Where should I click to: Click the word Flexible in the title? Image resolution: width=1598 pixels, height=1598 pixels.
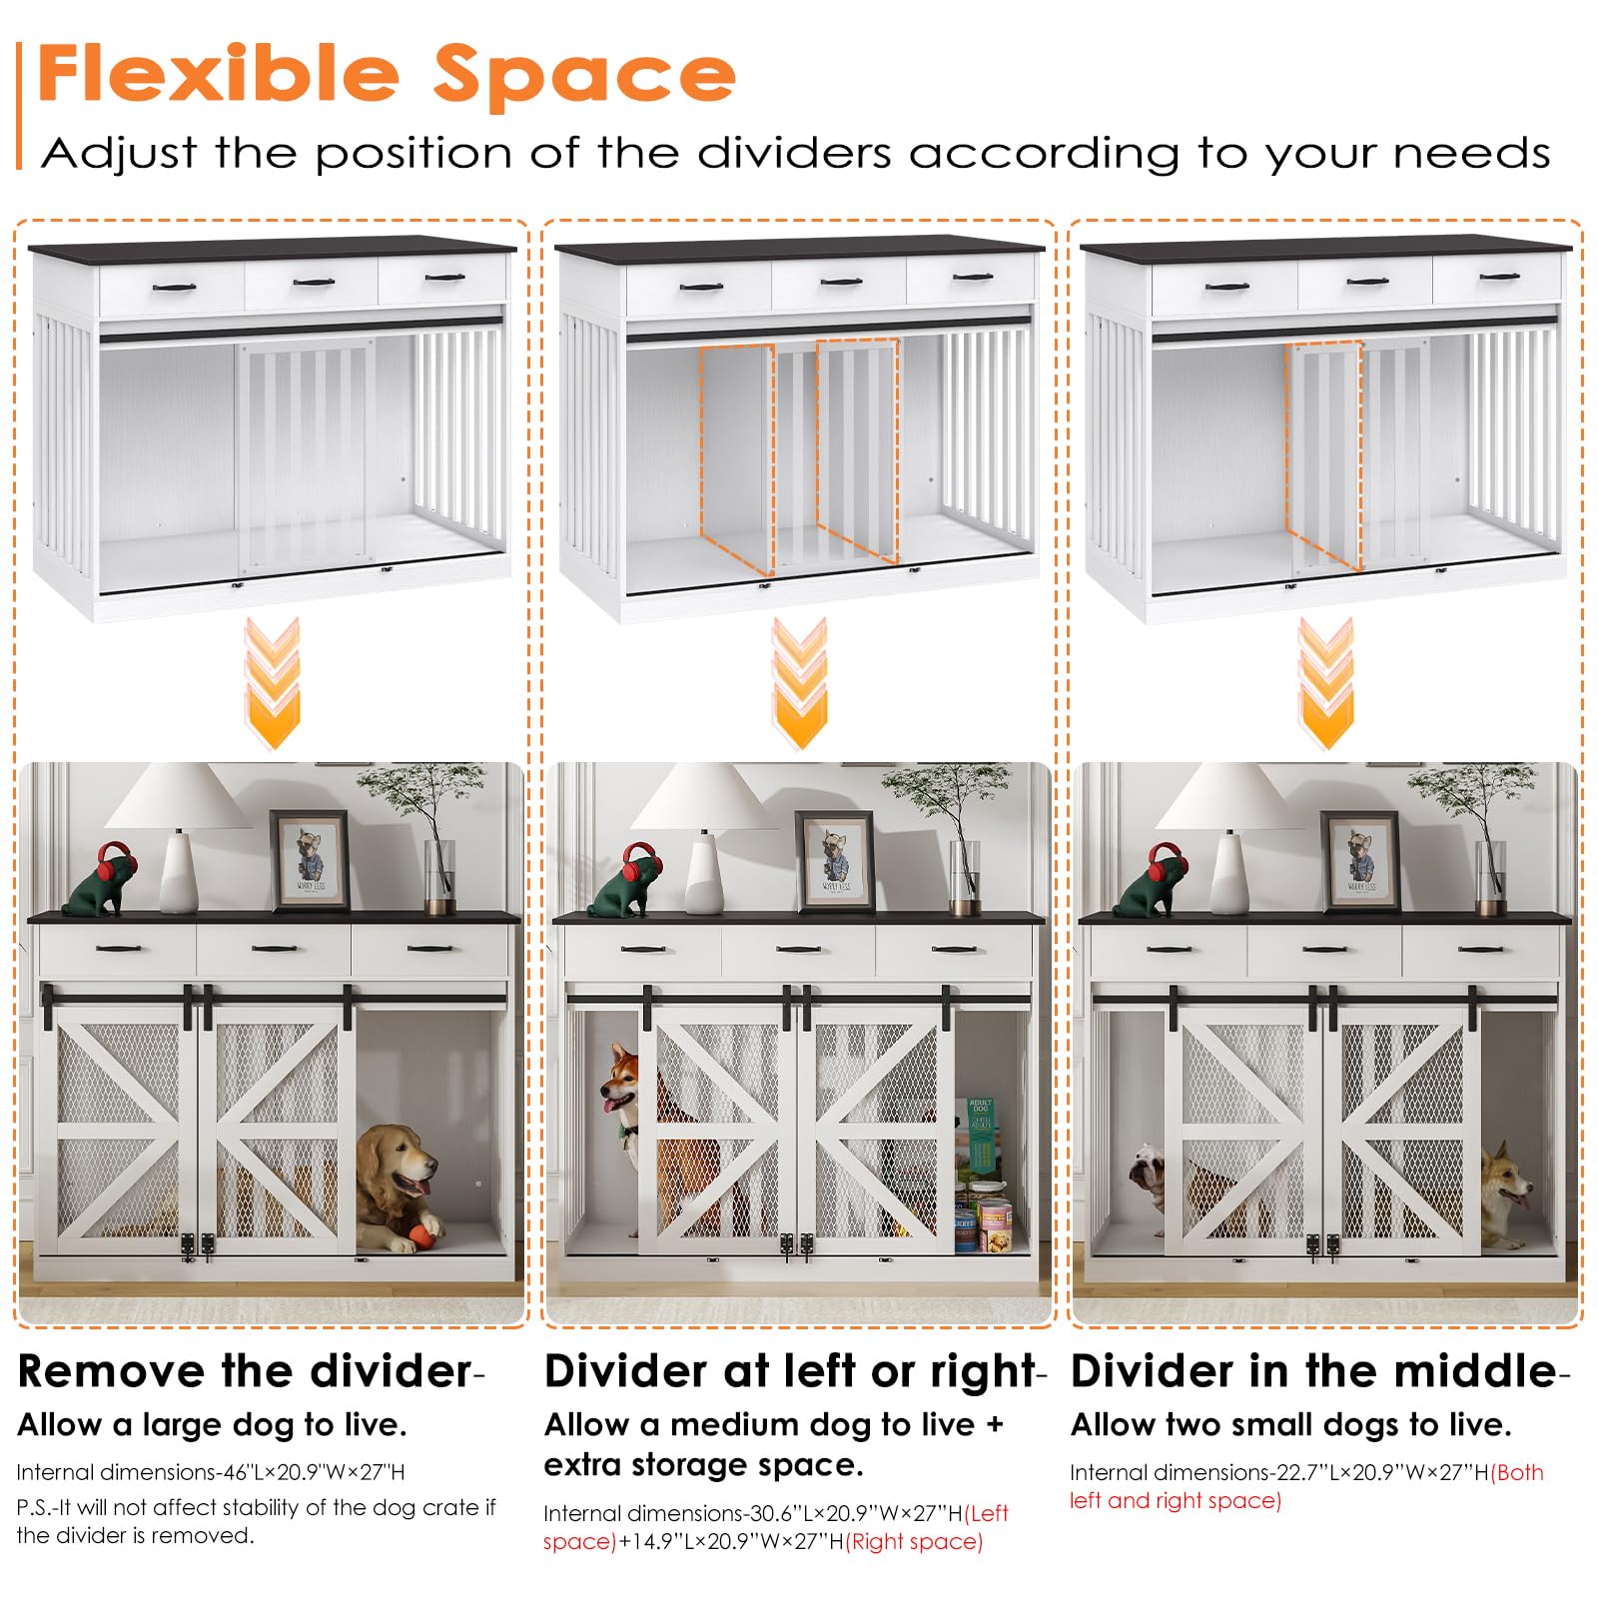(x=219, y=73)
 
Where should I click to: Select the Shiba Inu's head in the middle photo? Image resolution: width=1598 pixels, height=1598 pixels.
(x=622, y=1081)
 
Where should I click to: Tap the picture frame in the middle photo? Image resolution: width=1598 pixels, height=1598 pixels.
(x=836, y=860)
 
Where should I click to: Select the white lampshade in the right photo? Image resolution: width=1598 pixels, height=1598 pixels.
(x=1225, y=796)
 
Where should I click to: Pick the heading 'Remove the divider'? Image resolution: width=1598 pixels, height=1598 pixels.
(x=245, y=1371)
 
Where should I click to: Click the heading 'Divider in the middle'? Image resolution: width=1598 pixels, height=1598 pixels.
(x=1313, y=1371)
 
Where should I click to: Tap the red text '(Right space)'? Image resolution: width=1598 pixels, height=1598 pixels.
(x=914, y=1541)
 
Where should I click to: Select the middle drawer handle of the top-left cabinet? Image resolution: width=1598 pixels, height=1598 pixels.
(x=314, y=283)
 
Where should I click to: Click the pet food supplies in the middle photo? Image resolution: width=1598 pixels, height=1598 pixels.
(x=981, y=1177)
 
